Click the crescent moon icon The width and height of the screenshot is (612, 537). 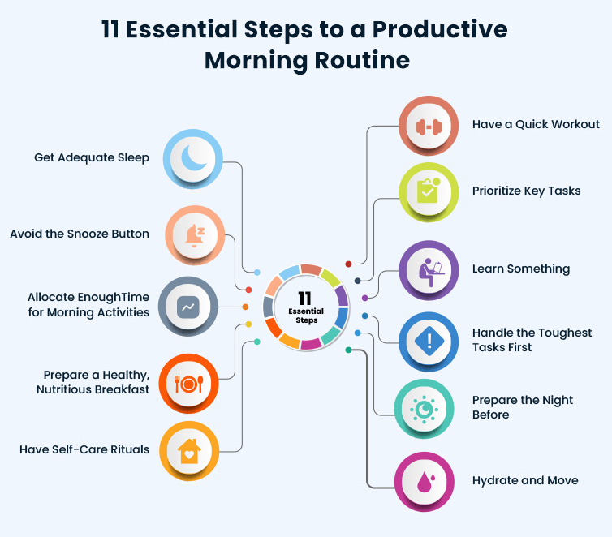coord(193,158)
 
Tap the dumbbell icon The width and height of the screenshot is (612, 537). coord(429,127)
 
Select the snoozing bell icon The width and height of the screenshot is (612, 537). coord(195,235)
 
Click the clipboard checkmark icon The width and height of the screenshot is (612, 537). coord(429,191)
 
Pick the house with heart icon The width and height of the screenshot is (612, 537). coord(189,451)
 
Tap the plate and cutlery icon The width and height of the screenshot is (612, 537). coord(189,384)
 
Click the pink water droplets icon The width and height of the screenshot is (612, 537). coord(426,482)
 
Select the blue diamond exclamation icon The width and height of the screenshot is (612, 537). coord(429,341)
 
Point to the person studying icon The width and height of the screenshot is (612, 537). coord(431,273)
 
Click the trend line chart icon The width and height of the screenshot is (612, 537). coord(188,307)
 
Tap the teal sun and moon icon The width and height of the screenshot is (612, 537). coord(424,410)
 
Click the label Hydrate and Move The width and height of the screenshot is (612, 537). coord(525,481)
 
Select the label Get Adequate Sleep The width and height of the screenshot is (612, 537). coord(92,158)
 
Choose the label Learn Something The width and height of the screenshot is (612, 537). coord(521,269)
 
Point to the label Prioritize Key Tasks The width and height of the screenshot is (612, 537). coord(527,191)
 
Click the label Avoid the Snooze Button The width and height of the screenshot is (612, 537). coord(80,234)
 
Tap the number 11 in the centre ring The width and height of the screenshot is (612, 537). coord(304,299)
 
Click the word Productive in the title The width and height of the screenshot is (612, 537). coord(440,30)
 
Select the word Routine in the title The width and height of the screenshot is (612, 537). coord(362,61)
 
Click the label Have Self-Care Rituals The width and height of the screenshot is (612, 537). coord(84,449)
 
